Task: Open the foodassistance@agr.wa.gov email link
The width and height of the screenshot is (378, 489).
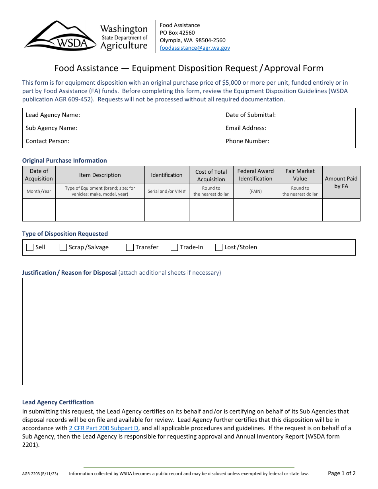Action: click(195, 48)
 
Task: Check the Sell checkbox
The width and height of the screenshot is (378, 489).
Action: click(30, 247)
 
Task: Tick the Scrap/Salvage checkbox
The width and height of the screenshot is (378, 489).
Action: click(63, 247)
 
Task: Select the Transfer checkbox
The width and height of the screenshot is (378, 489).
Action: click(130, 247)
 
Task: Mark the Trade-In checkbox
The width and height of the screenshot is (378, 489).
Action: click(174, 247)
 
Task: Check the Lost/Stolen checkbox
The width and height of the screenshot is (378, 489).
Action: click(219, 247)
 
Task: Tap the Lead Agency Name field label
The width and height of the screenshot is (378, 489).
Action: click(53, 115)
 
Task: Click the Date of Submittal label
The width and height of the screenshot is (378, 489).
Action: click(251, 115)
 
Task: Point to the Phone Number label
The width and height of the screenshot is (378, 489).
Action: click(247, 141)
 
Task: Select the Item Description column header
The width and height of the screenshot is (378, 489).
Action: click(100, 175)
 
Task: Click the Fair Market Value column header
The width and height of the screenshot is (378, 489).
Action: click(300, 175)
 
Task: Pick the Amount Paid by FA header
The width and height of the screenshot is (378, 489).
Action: click(341, 182)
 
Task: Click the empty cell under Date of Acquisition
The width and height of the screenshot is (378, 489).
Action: click(39, 210)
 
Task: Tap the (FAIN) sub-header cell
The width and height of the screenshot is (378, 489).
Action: click(255, 191)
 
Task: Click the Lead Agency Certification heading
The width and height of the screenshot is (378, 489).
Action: click(58, 402)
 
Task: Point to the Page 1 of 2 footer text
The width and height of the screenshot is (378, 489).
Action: click(341, 473)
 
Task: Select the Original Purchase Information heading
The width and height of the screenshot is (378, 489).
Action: click(64, 161)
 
